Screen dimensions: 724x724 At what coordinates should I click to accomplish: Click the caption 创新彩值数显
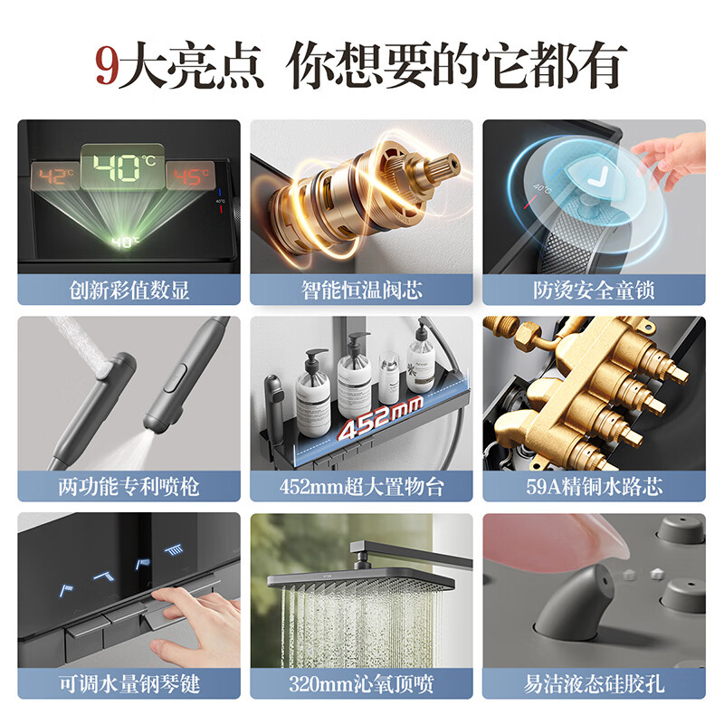pos(129,291)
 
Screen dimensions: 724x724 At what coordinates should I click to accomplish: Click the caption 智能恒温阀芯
pos(361,291)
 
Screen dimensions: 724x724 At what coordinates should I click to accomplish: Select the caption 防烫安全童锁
pos(594,291)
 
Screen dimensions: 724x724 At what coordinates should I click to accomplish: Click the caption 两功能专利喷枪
pos(129,487)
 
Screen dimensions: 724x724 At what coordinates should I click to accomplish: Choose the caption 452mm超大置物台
pos(361,487)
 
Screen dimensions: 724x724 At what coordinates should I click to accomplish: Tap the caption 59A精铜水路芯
pos(594,487)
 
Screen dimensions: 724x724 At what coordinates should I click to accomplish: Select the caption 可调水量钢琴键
pos(129,683)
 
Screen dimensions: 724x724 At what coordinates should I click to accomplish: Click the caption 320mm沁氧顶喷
pos(361,683)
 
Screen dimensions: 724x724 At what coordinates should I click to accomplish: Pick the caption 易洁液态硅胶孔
pos(594,683)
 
